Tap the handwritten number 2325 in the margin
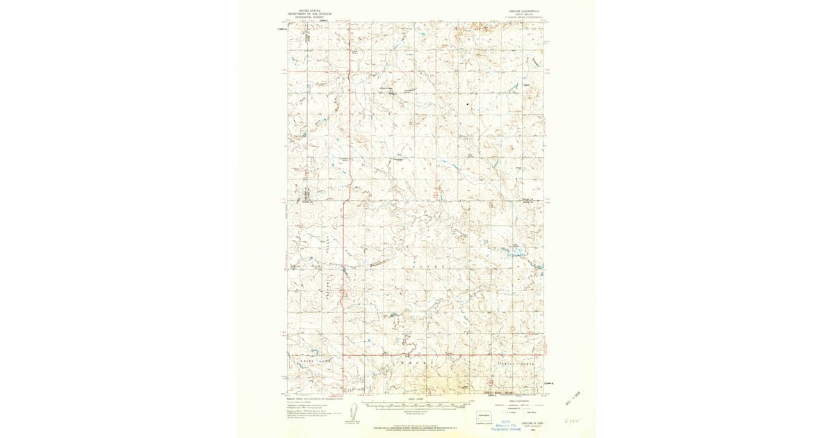572,421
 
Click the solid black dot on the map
468,105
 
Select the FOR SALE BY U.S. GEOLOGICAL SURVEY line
415,425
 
